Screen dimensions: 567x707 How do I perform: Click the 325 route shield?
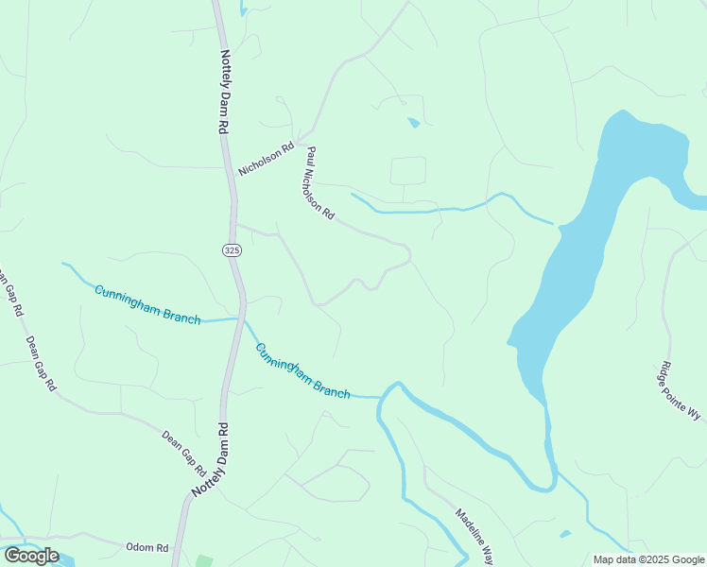[233, 249]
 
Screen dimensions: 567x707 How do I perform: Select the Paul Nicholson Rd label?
[319, 182]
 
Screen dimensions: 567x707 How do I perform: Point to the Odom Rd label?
[148, 547]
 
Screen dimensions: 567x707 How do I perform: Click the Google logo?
[31, 556]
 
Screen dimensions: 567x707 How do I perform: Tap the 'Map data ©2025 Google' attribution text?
[647, 559]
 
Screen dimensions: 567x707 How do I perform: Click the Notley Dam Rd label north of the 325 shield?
[225, 91]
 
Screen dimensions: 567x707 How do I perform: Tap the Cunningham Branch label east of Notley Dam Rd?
[302, 370]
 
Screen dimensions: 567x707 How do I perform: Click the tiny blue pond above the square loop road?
[413, 122]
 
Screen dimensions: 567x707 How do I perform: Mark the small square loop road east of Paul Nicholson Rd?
[408, 171]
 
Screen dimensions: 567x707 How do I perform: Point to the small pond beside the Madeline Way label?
[564, 534]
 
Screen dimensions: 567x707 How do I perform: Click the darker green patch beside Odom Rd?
[204, 561]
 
